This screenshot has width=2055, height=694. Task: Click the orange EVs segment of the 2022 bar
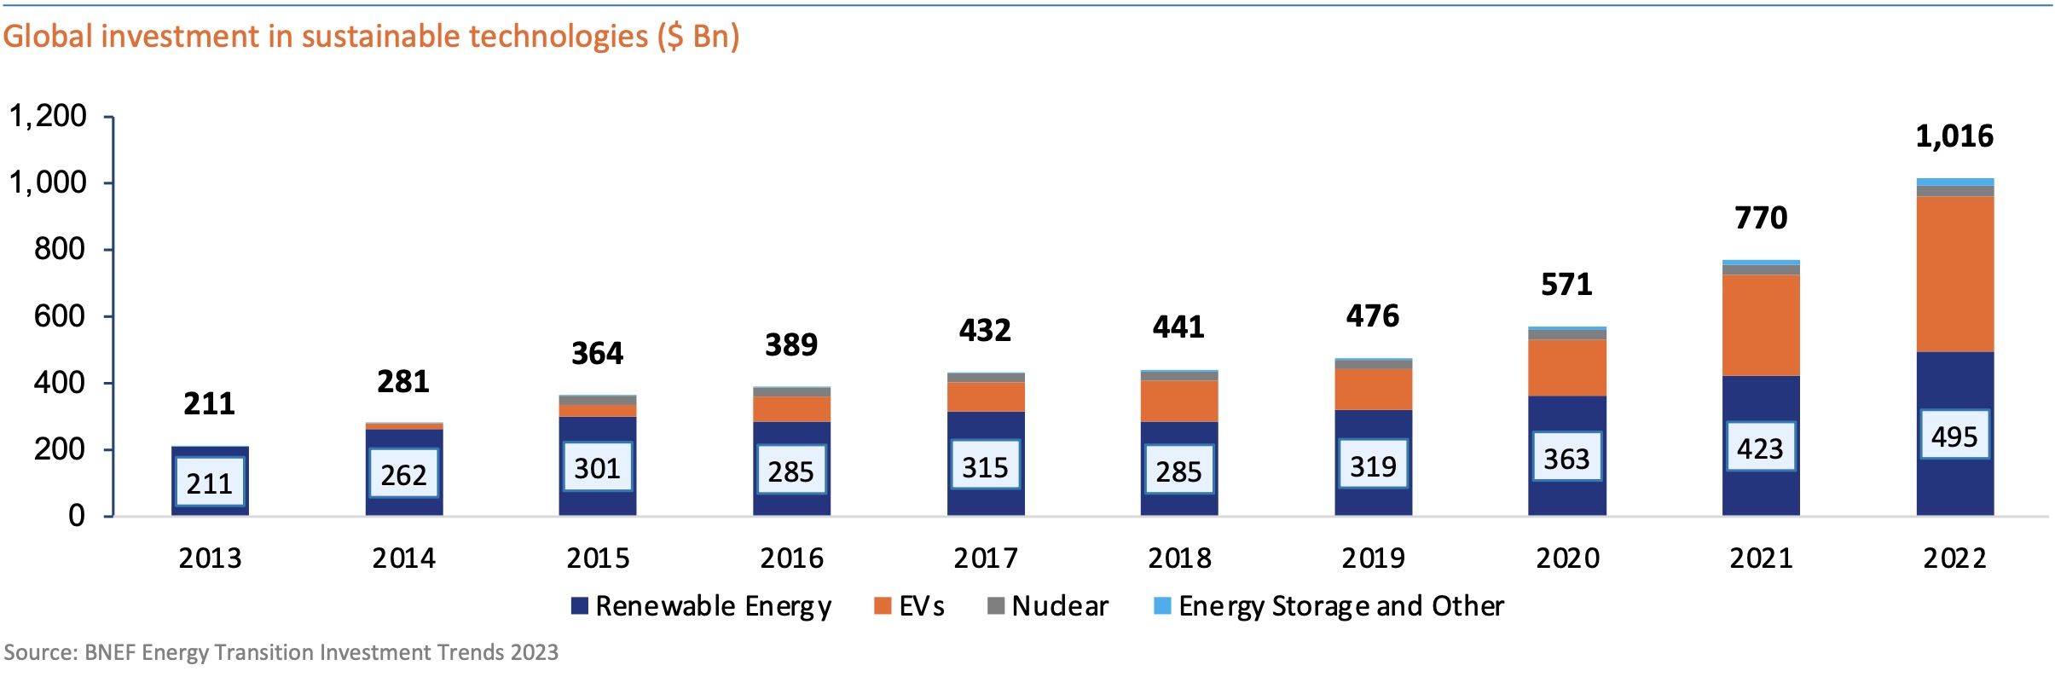click(1954, 274)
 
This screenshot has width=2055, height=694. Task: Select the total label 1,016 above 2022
click(1954, 136)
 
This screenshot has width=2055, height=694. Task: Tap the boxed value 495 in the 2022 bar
click(1954, 437)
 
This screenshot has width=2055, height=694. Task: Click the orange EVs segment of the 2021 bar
click(1761, 325)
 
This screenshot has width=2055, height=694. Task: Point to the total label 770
click(1761, 218)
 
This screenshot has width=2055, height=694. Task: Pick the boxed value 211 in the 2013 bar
click(209, 483)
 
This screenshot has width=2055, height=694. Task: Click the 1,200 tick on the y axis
click(48, 116)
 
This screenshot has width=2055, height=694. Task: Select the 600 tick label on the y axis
click(60, 316)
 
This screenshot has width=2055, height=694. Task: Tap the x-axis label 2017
click(985, 558)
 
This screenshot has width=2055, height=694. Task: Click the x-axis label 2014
click(403, 558)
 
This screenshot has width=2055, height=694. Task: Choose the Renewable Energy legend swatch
click(580, 606)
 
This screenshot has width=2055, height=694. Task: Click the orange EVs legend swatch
click(883, 606)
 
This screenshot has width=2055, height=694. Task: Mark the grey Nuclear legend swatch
click(995, 606)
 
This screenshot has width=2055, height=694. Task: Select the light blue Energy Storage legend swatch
click(1161, 606)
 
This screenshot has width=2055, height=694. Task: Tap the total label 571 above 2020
click(1566, 285)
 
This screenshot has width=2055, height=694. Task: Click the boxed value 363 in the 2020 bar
click(1566, 459)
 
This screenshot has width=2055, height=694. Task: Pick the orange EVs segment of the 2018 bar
click(1179, 401)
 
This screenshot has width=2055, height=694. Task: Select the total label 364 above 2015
click(597, 354)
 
